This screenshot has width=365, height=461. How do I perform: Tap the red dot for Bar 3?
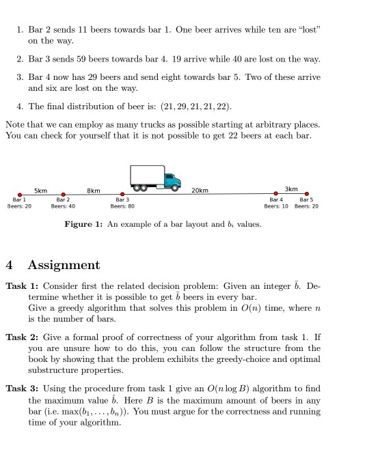coord(122,194)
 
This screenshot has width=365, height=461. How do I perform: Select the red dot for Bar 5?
coord(306,193)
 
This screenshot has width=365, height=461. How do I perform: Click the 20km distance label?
coord(200,189)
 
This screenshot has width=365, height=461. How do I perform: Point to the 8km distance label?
coord(94,190)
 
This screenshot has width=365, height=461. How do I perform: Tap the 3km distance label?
coord(291,188)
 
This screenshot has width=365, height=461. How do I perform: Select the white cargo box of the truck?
coord(146,175)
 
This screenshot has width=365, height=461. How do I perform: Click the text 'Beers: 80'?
coord(122,206)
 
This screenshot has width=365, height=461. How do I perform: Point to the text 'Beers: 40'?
coord(63,206)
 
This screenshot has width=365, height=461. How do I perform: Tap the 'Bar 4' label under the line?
coord(276,199)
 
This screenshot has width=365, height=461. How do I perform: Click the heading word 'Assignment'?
coord(66,264)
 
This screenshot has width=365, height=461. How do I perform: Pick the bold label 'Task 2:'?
coord(22,337)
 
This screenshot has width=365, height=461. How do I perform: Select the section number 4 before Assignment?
coord(10,264)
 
